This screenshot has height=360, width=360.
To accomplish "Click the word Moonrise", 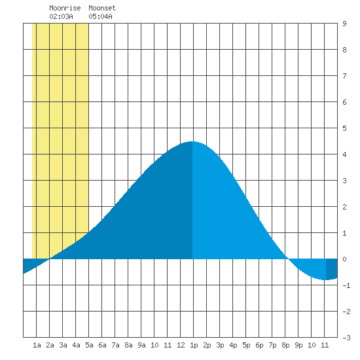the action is (65, 8).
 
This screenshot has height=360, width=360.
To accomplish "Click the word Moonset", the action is (102, 8).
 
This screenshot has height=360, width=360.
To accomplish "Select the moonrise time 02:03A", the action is (61, 16).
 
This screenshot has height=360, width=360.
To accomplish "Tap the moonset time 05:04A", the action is (100, 16).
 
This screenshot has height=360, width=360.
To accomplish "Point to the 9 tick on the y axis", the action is (344, 24).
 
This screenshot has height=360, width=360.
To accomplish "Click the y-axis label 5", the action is (344, 128).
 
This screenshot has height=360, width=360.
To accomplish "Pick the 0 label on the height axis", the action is (344, 259).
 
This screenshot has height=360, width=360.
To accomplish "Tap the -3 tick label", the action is (346, 338).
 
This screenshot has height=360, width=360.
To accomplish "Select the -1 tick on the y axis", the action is (346, 285).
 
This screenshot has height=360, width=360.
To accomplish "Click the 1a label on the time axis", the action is (37, 345).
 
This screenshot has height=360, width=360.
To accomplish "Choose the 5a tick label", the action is (89, 345).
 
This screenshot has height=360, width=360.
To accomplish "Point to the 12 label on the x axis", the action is (181, 345).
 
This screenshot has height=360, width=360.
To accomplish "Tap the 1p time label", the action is (194, 345).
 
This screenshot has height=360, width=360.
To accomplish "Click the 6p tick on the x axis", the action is (259, 345).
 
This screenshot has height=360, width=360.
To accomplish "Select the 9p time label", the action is (298, 345).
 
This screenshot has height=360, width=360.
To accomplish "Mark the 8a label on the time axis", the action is (128, 345).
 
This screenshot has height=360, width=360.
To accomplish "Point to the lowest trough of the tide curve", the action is (325, 279).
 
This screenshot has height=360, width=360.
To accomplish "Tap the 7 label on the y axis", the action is (344, 76).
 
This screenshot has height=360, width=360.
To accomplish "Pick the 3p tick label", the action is (220, 345).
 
